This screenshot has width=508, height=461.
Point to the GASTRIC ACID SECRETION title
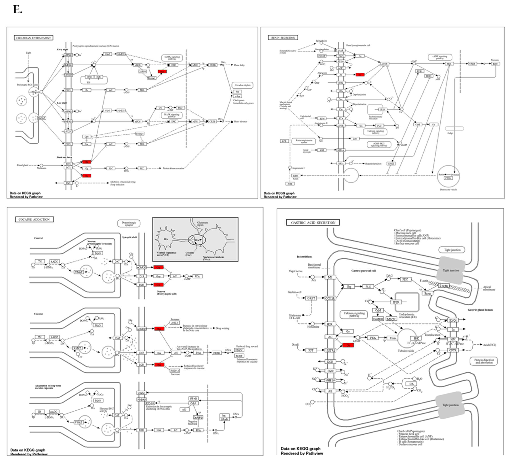point(313,223)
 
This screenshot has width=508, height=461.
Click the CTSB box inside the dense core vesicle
point(448,178)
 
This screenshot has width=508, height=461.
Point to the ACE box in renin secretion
point(284,141)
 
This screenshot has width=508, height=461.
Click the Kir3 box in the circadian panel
point(68,183)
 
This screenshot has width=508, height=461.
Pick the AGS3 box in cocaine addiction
point(175,323)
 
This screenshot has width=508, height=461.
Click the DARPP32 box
point(198,417)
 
